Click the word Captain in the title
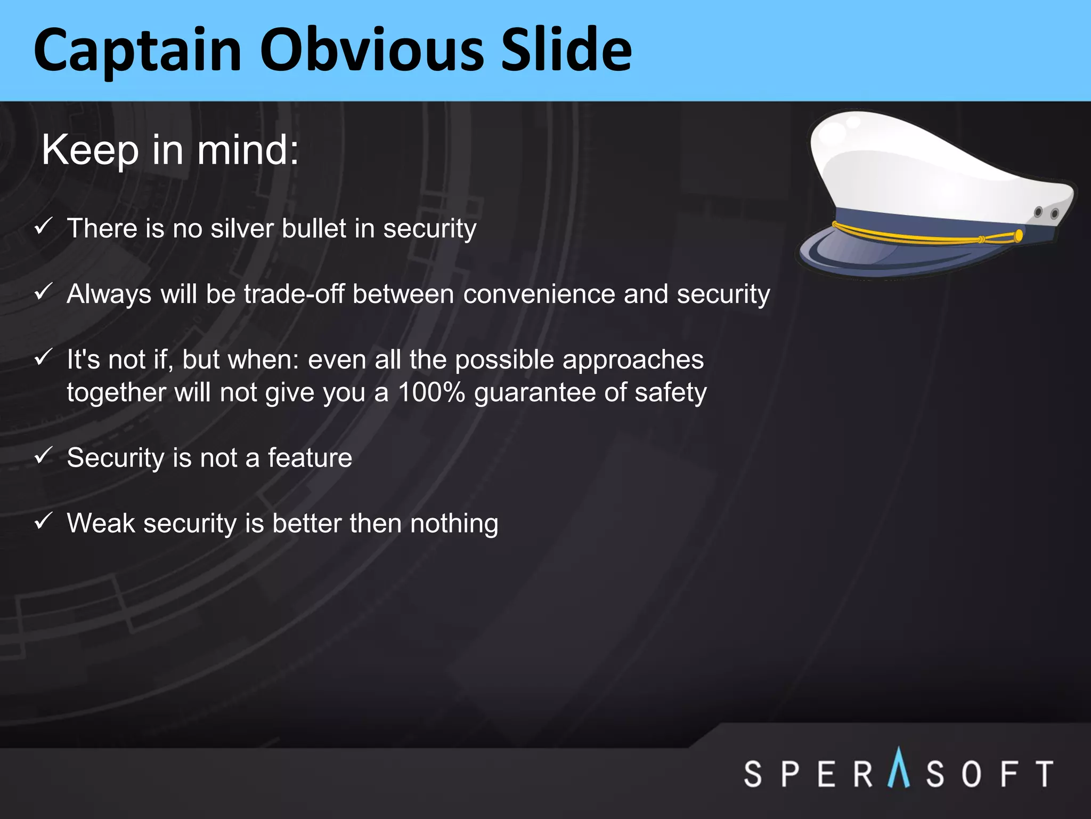click(137, 51)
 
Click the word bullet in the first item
click(314, 229)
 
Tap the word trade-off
click(294, 294)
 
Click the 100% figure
click(431, 392)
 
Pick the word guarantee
click(534, 394)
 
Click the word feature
click(310, 458)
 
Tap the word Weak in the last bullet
click(101, 523)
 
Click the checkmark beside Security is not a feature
click(43, 456)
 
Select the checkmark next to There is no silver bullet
click(43, 227)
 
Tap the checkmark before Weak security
click(43, 521)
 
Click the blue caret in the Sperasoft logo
click(899, 768)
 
